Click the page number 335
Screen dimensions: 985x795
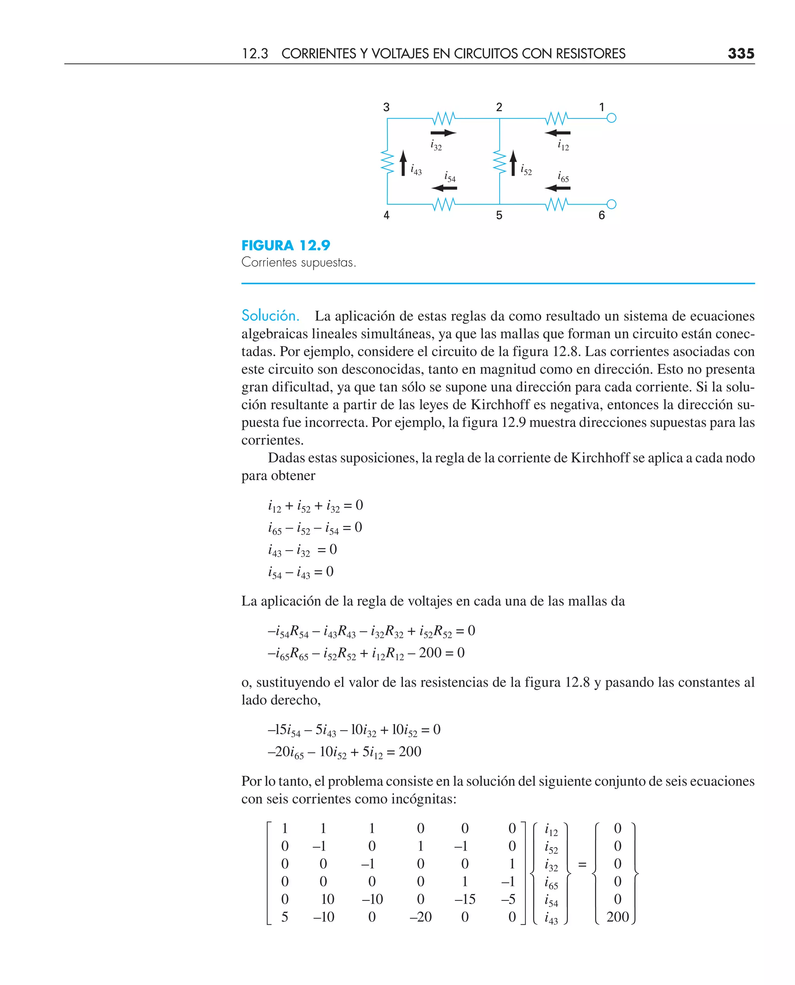click(x=741, y=54)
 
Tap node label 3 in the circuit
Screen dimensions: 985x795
click(x=386, y=107)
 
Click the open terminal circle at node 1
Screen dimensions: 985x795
click(x=611, y=118)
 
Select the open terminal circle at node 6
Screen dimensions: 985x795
click(x=611, y=204)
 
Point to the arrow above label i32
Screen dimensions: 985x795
click(x=443, y=133)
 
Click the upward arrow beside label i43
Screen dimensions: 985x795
click(x=403, y=163)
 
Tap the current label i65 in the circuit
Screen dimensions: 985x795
click(x=563, y=176)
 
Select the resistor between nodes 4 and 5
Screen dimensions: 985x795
click(x=443, y=204)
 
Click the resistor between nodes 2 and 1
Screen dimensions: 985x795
click(x=556, y=118)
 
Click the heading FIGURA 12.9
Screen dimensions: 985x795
click(x=285, y=245)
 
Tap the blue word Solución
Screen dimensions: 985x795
click(x=270, y=316)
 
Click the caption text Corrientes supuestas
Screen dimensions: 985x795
click(x=298, y=263)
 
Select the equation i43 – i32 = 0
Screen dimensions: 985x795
click(x=302, y=550)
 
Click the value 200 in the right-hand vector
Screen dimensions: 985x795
click(x=617, y=917)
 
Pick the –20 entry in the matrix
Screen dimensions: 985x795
click(x=420, y=917)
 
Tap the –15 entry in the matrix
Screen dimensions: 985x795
click(x=464, y=899)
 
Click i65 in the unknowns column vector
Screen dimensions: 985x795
click(x=551, y=882)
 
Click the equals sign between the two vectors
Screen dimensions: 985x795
click(x=582, y=865)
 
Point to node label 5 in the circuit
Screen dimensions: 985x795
click(x=499, y=215)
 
